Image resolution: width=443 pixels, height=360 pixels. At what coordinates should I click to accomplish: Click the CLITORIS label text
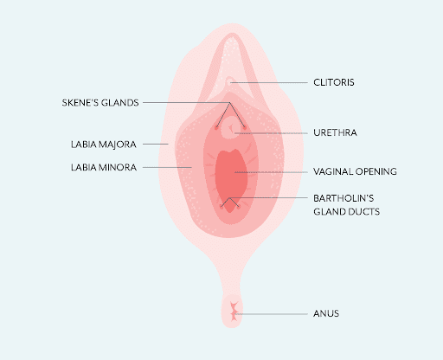(334, 82)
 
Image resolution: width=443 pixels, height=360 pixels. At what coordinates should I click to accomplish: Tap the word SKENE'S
(79, 103)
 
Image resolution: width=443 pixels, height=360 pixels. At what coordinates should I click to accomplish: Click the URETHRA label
(335, 132)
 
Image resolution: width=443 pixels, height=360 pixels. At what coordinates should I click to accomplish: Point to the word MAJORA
(118, 145)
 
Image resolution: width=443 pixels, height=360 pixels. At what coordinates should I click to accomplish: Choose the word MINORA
(118, 167)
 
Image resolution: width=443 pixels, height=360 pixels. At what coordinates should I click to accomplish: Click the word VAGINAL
(333, 171)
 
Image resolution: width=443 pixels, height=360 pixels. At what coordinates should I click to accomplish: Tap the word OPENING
(376, 171)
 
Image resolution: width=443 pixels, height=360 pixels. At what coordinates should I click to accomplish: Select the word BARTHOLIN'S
(343, 198)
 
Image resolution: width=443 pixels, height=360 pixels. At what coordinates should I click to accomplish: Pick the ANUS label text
(326, 313)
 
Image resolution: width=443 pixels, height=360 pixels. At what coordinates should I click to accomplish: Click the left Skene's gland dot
(216, 127)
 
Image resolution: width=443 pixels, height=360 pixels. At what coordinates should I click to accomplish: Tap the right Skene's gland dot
(244, 127)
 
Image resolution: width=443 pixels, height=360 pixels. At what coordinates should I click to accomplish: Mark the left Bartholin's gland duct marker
(221, 206)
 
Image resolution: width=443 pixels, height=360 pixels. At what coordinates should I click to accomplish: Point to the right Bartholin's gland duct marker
(239, 206)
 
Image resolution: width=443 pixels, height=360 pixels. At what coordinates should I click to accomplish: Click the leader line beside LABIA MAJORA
(156, 144)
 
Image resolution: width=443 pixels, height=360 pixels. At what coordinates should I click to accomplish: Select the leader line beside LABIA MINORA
(167, 167)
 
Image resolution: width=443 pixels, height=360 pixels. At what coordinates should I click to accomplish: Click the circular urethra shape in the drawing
(231, 127)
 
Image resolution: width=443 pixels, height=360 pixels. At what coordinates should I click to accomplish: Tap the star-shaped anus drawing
(234, 312)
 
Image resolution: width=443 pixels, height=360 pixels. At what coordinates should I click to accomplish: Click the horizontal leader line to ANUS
(272, 314)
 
